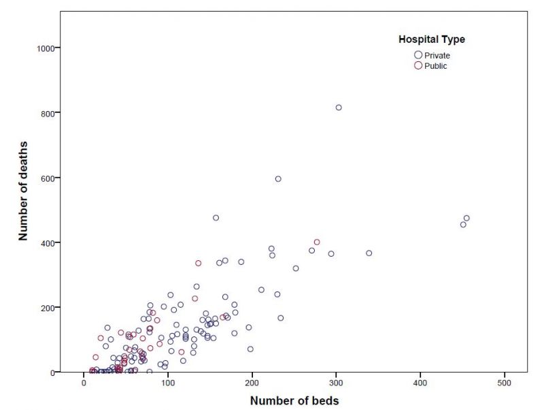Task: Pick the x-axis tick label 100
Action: [x=168, y=384]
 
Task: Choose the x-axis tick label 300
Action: [x=337, y=384]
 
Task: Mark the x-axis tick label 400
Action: [x=421, y=384]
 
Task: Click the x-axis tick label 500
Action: [x=505, y=384]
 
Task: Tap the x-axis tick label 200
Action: [x=252, y=384]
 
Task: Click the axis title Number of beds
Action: [x=294, y=400]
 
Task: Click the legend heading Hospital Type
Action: [x=432, y=40]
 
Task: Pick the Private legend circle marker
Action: [x=418, y=54]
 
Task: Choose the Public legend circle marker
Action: [x=418, y=65]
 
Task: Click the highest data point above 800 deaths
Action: [x=339, y=108]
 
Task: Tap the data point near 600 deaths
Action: [x=278, y=179]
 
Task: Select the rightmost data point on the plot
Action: [x=466, y=218]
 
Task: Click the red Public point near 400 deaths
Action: [x=317, y=242]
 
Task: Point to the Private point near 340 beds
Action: [x=369, y=253]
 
